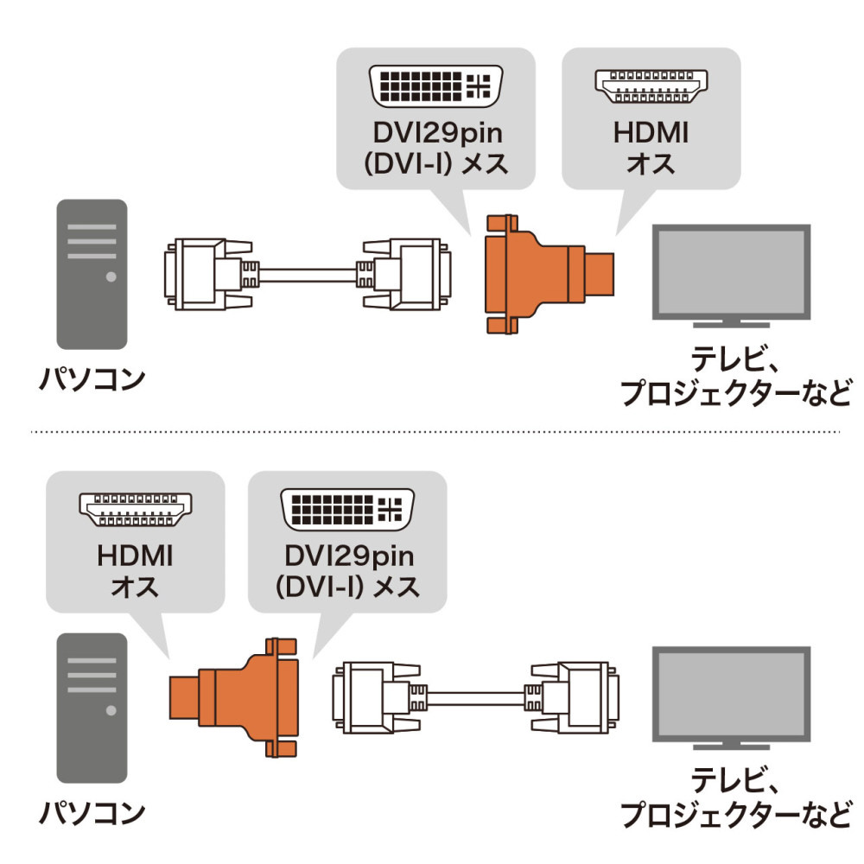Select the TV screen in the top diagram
click(730, 273)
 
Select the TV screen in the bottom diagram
click(730, 696)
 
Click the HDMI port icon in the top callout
click(650, 85)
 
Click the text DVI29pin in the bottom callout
click(346, 557)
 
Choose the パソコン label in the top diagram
click(92, 380)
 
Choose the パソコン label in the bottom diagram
click(92, 812)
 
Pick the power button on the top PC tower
click(111, 277)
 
